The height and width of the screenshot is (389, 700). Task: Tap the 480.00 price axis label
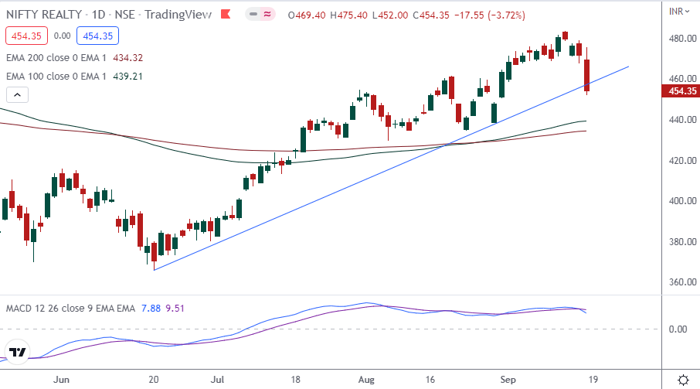pos(678,39)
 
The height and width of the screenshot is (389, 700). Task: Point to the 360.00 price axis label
pos(678,282)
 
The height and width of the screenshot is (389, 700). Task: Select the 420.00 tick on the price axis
pos(678,161)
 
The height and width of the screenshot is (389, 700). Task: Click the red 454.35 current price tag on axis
pos(679,91)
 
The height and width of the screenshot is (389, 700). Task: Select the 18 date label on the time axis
pos(295,380)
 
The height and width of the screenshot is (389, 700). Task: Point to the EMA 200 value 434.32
pos(127,57)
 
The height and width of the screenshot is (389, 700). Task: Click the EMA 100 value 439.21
pos(127,76)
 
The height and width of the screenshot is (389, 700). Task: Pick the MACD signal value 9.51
pos(173,309)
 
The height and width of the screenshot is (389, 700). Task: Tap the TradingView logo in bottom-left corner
pos(18,353)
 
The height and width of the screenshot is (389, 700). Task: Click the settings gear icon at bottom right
pos(683,380)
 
